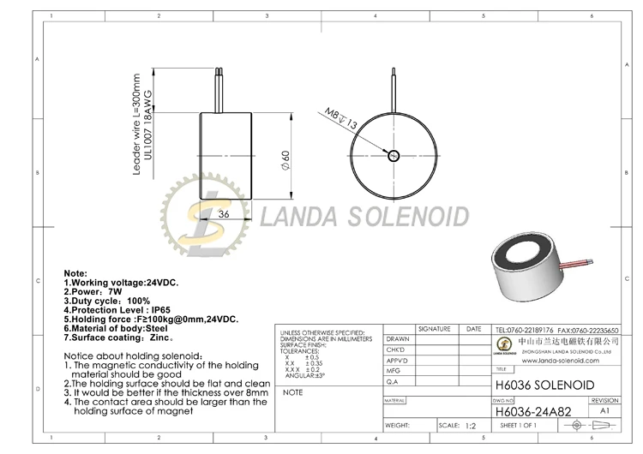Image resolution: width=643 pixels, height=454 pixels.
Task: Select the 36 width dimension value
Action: point(223,213)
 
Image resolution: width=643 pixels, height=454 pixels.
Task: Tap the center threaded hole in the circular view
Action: point(394,156)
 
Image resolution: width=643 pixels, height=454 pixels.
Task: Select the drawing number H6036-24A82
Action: point(532,411)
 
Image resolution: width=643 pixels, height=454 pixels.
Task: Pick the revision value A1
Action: point(604,411)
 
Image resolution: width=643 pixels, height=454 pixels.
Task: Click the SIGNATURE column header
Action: point(434,329)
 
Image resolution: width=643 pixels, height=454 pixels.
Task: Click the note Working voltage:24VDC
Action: point(121,282)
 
